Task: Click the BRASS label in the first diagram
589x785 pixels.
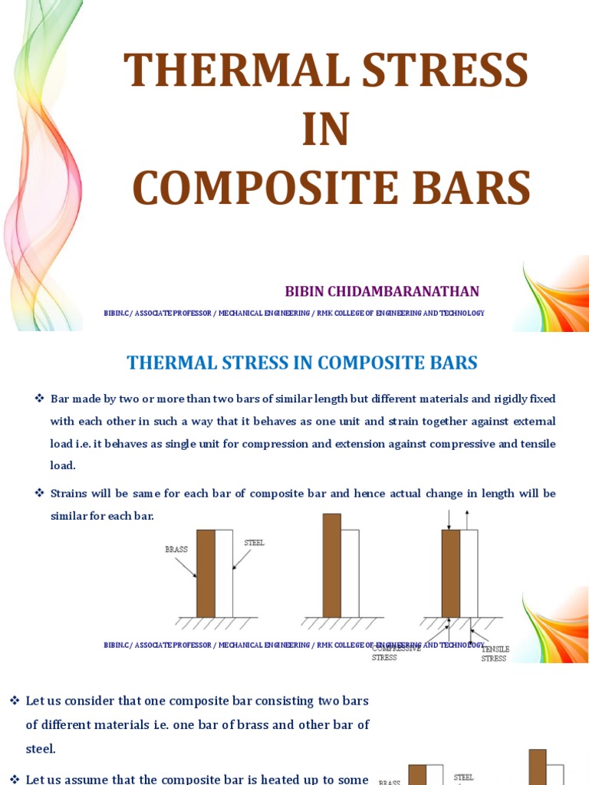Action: click(176, 550)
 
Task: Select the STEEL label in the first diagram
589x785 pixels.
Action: click(254, 543)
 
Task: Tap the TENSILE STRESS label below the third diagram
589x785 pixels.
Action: click(495, 654)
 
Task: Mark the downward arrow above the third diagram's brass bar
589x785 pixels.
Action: click(449, 520)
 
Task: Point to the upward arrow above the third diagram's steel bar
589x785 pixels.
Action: click(467, 519)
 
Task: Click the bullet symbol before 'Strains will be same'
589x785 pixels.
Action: click(40, 493)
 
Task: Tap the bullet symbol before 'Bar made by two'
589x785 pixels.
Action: click(40, 399)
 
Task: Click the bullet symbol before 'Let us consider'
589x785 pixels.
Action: click(14, 701)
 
